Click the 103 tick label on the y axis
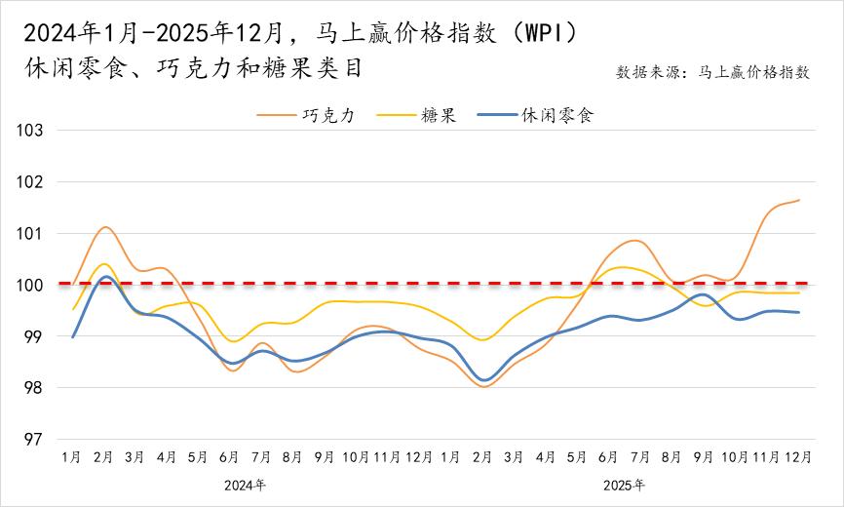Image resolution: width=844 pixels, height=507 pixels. pos(35,130)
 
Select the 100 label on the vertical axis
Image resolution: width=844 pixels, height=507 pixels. pos(35,285)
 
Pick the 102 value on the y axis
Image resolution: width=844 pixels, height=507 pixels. pos(35,181)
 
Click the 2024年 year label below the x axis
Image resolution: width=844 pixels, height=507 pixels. pos(245,485)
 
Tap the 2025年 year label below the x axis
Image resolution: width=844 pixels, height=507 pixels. pos(624,485)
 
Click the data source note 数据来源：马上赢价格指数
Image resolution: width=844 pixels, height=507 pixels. pos(712,72)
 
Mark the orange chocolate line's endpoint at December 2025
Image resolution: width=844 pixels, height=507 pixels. pos(799,200)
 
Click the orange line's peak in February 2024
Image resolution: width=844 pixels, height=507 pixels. pos(105,227)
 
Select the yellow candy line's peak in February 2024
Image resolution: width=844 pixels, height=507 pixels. pos(103,264)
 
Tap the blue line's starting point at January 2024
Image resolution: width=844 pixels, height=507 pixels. pos(73,337)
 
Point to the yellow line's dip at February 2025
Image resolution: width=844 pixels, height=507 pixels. pos(482,340)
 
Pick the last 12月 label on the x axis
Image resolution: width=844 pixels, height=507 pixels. pos(799,456)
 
